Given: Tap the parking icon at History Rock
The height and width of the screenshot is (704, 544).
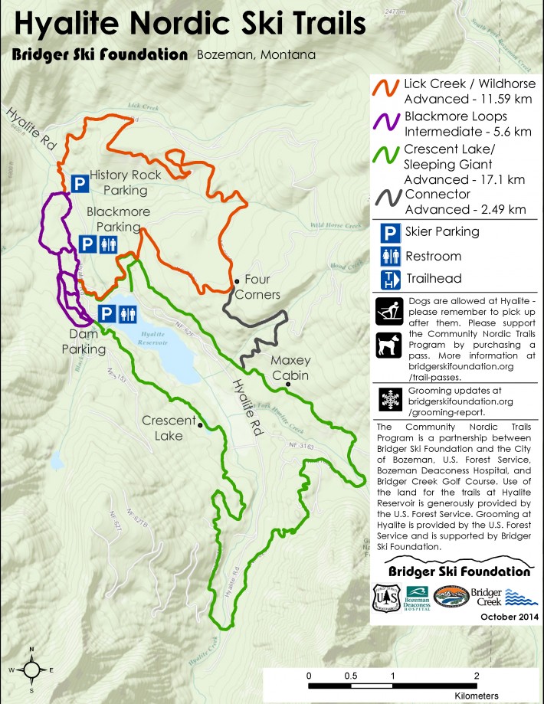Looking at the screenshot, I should coord(79,182).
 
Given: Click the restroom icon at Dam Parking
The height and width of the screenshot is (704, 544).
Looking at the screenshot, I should coord(128,313).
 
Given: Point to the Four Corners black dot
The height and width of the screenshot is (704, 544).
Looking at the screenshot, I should coord(238,280).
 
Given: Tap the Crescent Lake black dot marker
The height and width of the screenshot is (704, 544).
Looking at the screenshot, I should coord(200,424).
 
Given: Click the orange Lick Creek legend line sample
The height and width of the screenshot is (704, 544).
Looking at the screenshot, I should coord(386,90).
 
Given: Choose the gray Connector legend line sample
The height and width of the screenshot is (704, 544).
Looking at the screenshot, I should coord(386,201).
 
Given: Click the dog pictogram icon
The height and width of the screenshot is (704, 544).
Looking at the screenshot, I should coord(388,345).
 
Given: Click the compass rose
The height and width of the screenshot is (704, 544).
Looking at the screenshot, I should coord(31,670).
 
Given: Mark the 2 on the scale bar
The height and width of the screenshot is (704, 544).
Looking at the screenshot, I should coord(477,676).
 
